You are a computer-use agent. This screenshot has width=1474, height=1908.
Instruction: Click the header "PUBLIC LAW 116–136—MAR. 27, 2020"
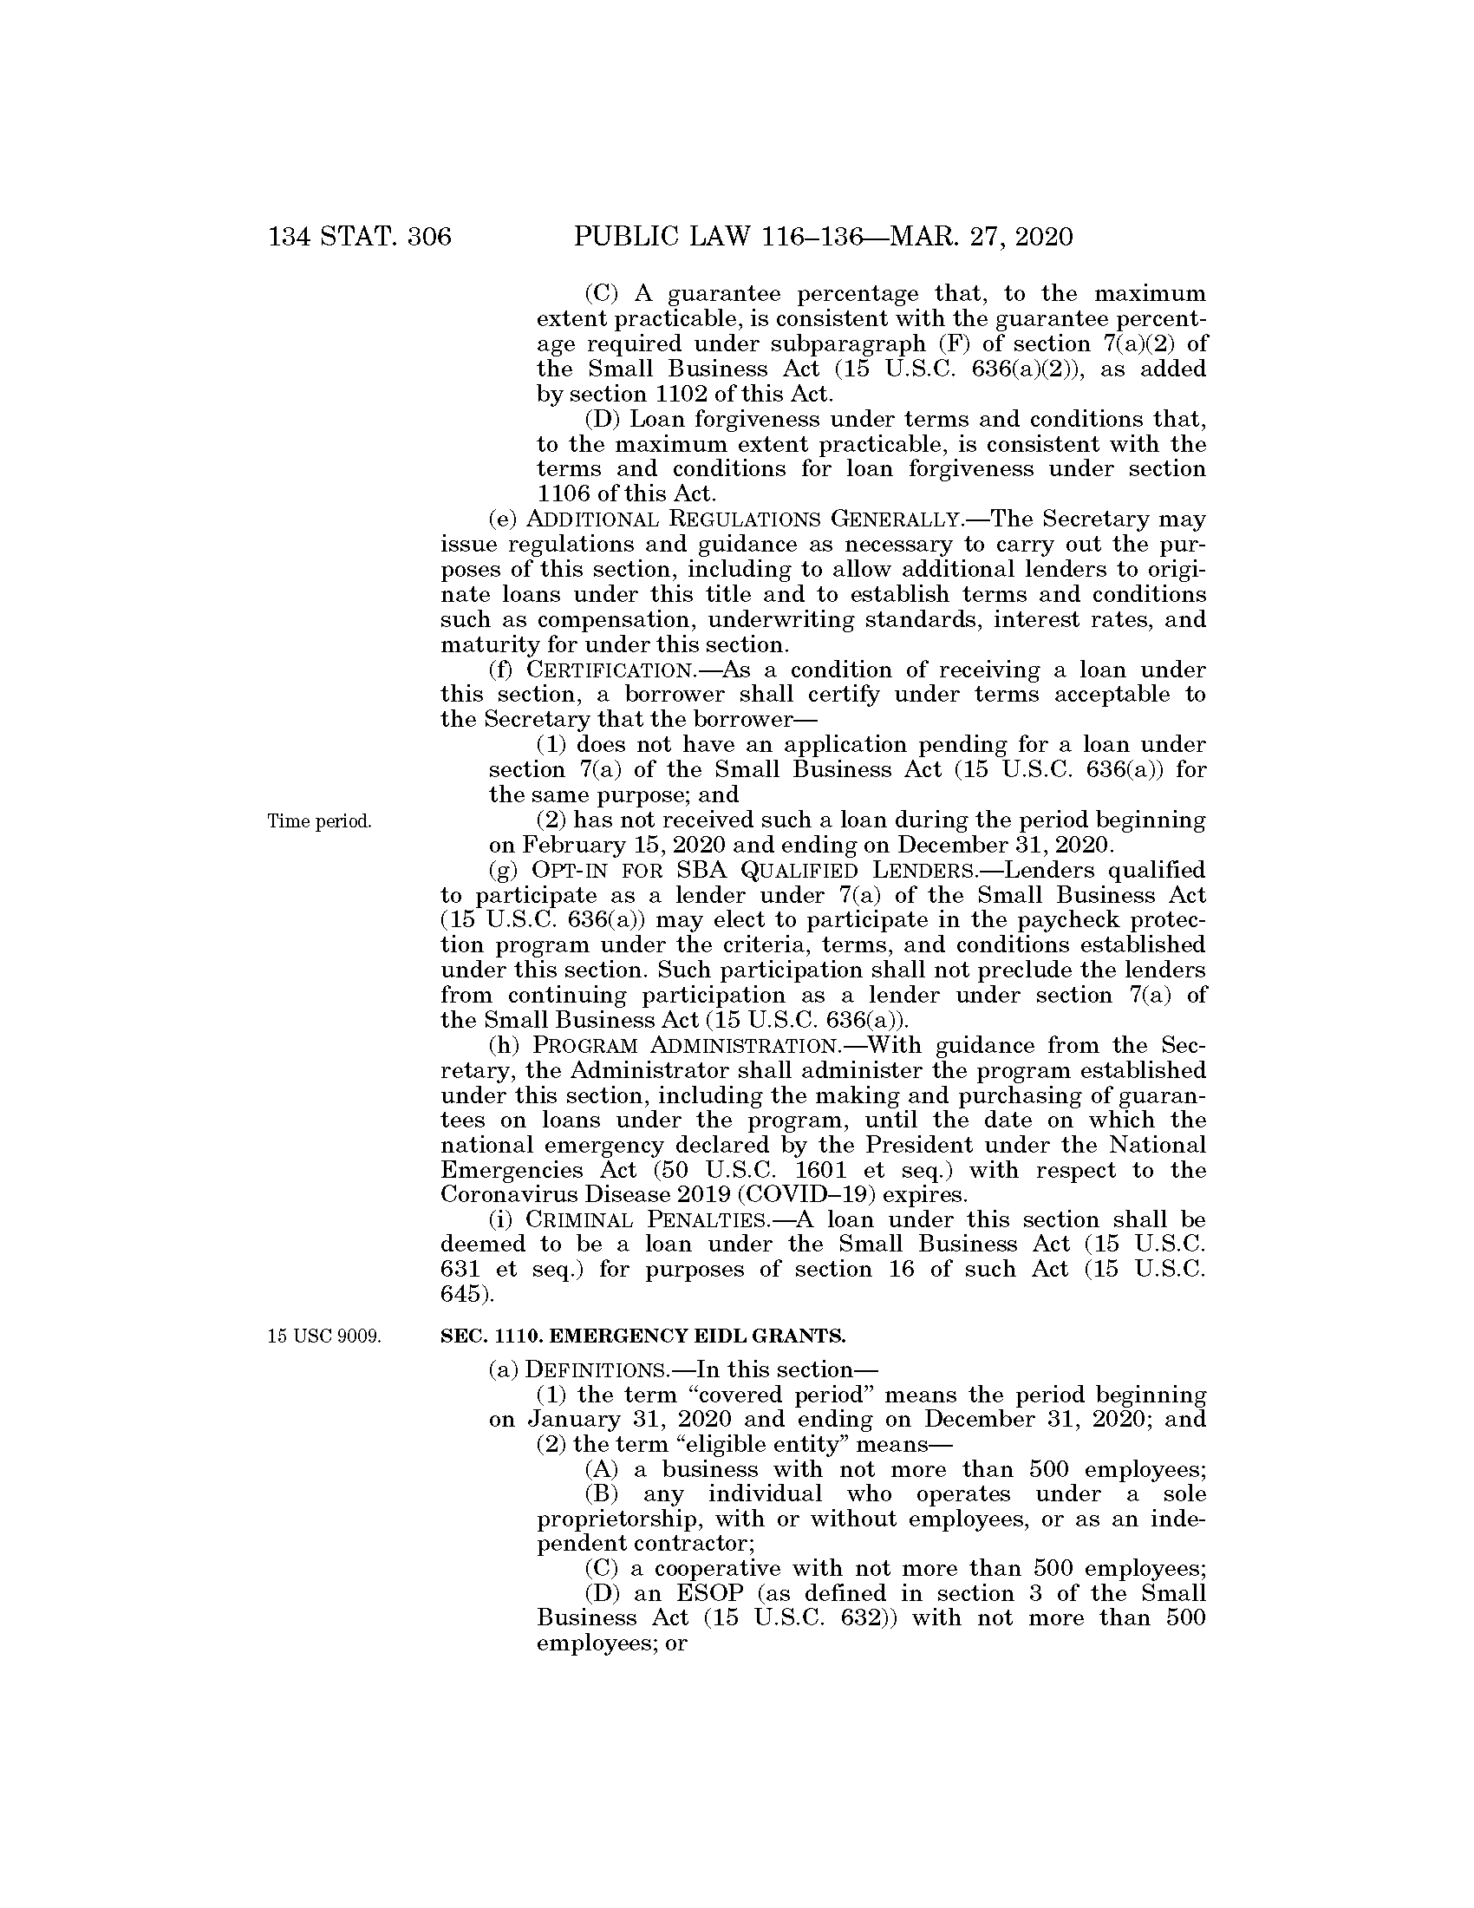pos(823,237)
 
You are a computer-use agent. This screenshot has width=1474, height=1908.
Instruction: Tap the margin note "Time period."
pos(320,821)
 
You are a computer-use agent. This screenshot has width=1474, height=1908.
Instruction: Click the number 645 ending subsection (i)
pos(460,1295)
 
